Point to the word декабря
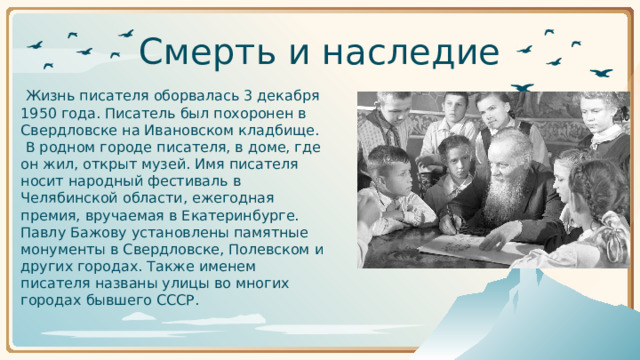coord(289,96)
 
